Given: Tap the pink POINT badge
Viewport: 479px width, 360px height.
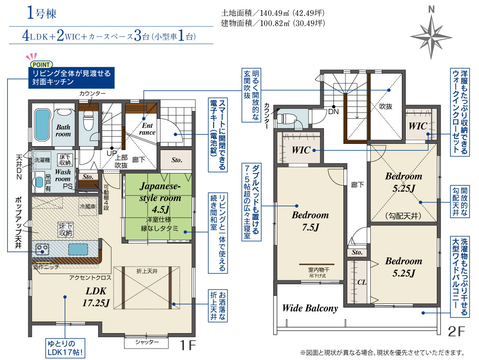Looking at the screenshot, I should point(42,64).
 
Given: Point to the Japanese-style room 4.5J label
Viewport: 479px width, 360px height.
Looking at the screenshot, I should point(160,197).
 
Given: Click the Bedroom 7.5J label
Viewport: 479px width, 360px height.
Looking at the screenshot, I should point(310,221).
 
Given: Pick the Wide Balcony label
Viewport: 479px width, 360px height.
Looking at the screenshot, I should point(309,308).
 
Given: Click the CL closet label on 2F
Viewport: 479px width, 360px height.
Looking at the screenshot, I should point(362,282).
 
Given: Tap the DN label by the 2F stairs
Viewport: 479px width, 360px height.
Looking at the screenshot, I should point(334,111).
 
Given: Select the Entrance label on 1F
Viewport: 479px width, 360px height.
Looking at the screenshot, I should point(147,128).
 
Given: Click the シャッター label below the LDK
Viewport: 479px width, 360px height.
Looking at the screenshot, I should point(147,342).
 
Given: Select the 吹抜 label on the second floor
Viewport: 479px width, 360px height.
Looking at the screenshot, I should point(386,106).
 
